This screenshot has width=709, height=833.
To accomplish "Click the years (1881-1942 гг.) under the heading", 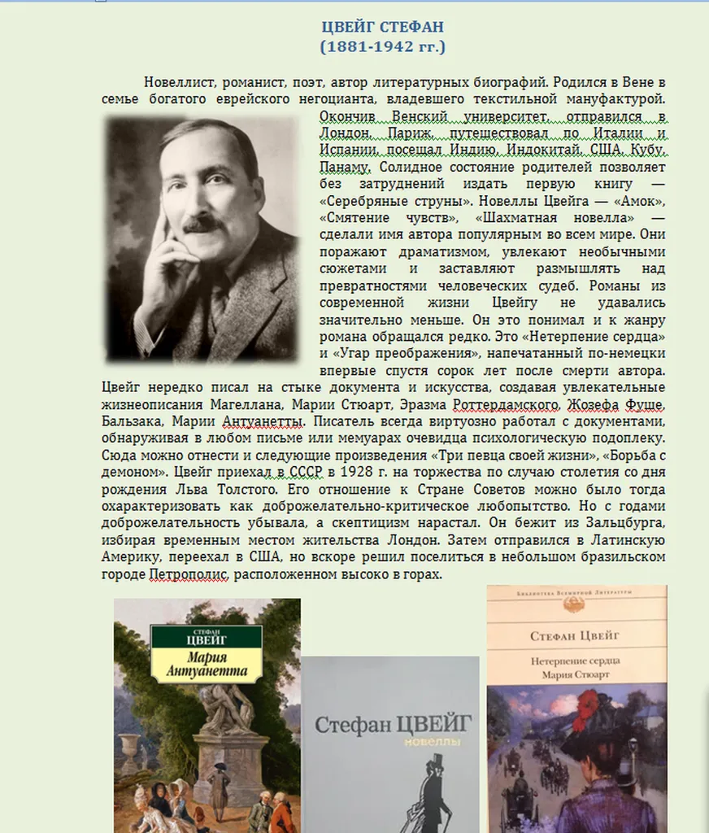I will (x=383, y=46).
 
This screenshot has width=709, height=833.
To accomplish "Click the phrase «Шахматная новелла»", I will (x=561, y=217).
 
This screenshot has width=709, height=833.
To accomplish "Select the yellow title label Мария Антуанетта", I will (x=207, y=665).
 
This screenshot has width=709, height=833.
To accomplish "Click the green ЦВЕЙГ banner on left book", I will (x=207, y=635).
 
